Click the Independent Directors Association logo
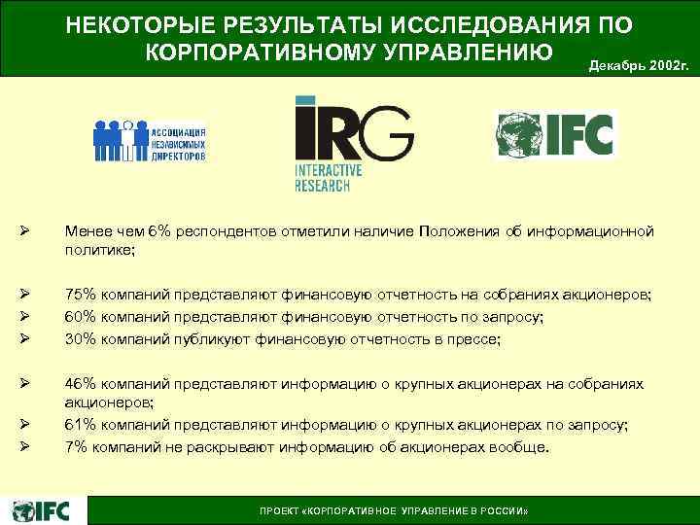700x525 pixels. [149, 140]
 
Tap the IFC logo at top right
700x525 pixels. [555, 135]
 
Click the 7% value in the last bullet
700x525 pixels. [75, 447]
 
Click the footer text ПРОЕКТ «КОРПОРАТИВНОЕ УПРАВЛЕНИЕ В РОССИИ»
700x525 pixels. [393, 510]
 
